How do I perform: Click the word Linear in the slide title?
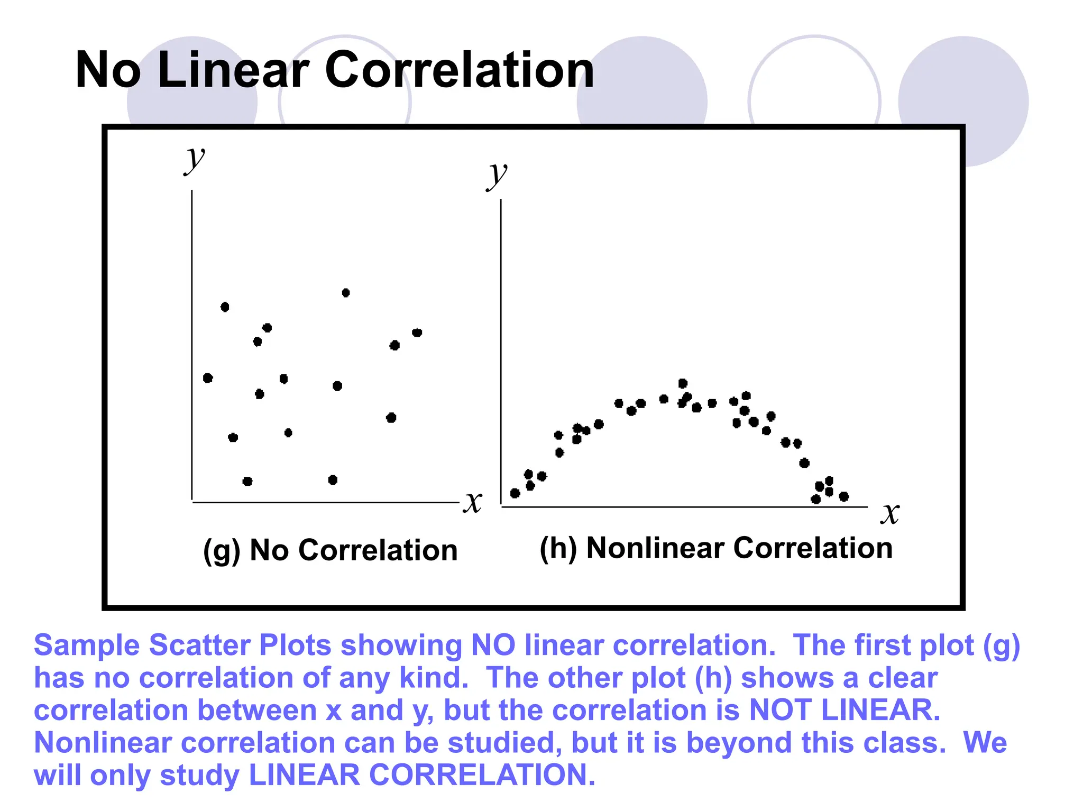pyautogui.click(x=233, y=70)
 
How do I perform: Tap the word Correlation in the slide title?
pyautogui.click(x=459, y=70)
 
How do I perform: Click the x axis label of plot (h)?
pyautogui.click(x=890, y=513)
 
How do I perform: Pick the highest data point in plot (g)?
pyautogui.click(x=346, y=293)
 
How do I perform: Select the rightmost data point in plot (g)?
pyautogui.click(x=417, y=333)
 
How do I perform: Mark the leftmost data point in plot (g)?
pyautogui.click(x=208, y=378)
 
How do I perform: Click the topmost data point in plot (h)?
pyautogui.click(x=683, y=383)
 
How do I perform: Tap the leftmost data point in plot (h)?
pyautogui.click(x=515, y=493)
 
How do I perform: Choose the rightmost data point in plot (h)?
pyautogui.click(x=844, y=496)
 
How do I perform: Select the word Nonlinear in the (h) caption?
pyautogui.click(x=655, y=548)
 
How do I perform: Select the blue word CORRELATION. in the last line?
pyautogui.click(x=482, y=775)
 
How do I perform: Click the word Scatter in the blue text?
pyautogui.click(x=200, y=645)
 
